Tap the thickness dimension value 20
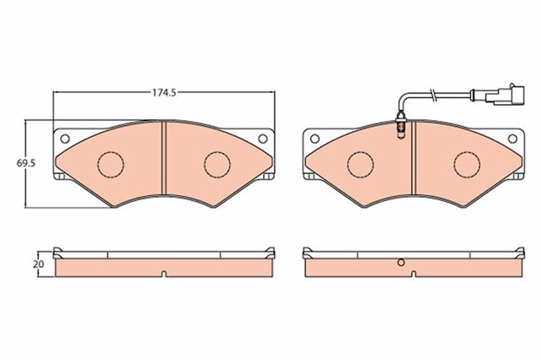pos(37,264)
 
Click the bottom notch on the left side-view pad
pos(162,272)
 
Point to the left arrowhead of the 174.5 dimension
pos(57,92)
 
